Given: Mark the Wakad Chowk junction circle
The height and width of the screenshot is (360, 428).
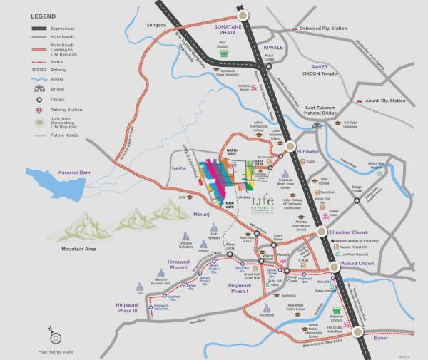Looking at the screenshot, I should tap(332, 267).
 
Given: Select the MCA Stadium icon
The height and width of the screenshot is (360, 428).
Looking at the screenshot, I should tap(223, 52).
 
